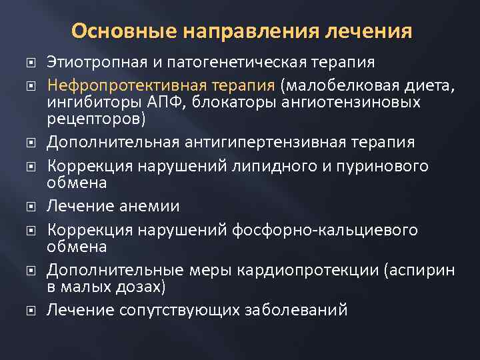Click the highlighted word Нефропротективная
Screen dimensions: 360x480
(115, 86)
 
